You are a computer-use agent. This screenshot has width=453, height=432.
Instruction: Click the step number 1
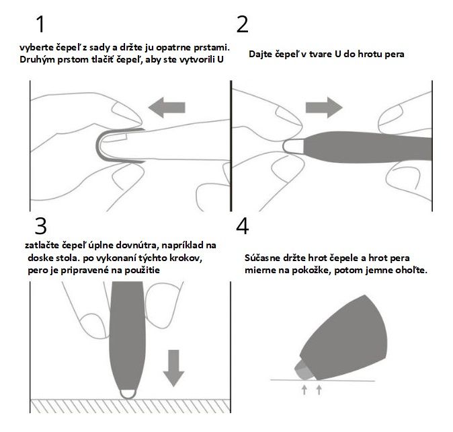coord(41,24)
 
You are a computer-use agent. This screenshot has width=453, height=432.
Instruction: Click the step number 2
coord(242,24)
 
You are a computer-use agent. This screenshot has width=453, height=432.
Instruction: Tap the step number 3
coord(40,225)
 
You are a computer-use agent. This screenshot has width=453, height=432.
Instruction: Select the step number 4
coord(242,225)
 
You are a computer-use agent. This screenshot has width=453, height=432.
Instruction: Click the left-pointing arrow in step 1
coord(167,108)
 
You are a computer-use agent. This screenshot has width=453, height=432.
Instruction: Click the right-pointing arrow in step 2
coord(324,108)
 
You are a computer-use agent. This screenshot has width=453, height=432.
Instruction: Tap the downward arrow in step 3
coord(173,368)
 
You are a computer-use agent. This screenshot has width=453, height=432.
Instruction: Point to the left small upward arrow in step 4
coord(304,390)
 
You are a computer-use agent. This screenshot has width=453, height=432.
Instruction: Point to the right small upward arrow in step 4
coord(319,390)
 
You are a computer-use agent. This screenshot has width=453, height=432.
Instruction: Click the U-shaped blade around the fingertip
coord(98,145)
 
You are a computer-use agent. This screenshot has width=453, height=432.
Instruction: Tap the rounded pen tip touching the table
coord(128,395)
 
